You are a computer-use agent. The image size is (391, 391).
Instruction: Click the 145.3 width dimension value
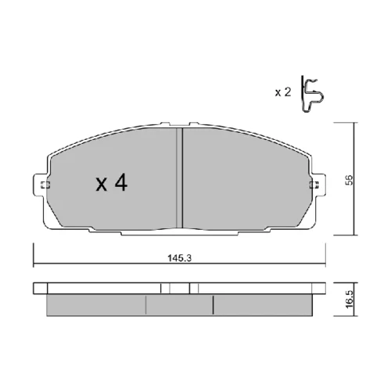pyautogui.click(x=179, y=258)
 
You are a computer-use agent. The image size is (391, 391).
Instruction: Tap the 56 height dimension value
pyautogui.click(x=349, y=180)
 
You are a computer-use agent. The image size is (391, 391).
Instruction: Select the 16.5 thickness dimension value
pyautogui.click(x=350, y=299)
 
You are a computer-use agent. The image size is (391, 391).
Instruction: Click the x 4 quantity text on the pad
pyautogui.click(x=112, y=183)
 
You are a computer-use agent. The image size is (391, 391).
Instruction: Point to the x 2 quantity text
pyautogui.click(x=283, y=92)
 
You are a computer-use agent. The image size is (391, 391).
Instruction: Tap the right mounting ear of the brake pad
pyautogui.click(x=318, y=185)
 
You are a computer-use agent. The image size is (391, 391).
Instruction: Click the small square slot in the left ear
pyautogui.click(x=45, y=185)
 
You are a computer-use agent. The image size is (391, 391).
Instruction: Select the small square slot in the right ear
pyautogui.click(x=314, y=185)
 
